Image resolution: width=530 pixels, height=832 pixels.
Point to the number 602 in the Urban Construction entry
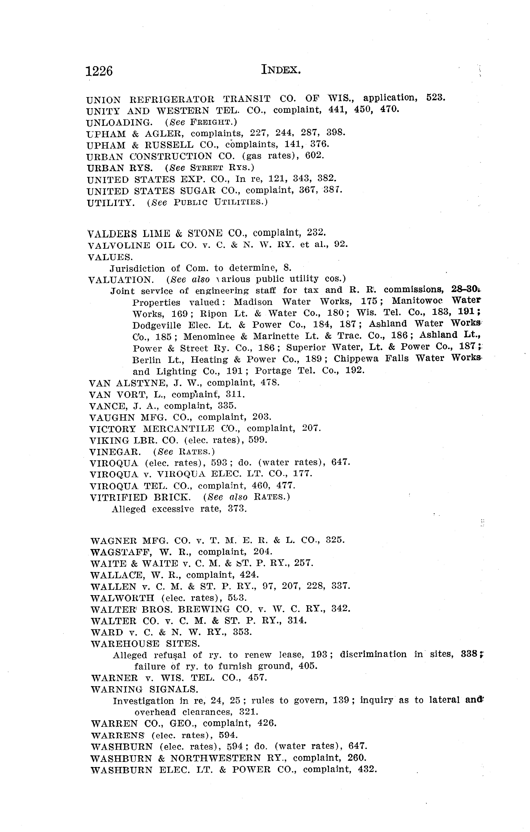click(x=315, y=155)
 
